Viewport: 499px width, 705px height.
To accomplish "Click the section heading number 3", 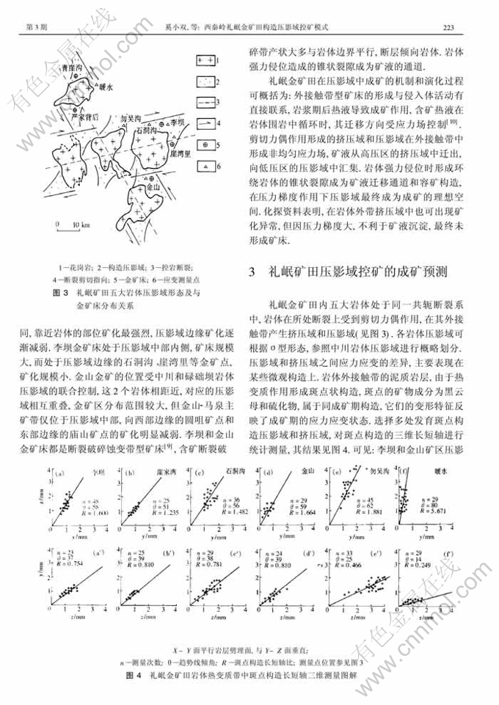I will (x=251, y=273).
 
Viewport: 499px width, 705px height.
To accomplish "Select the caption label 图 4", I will (x=134, y=672).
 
